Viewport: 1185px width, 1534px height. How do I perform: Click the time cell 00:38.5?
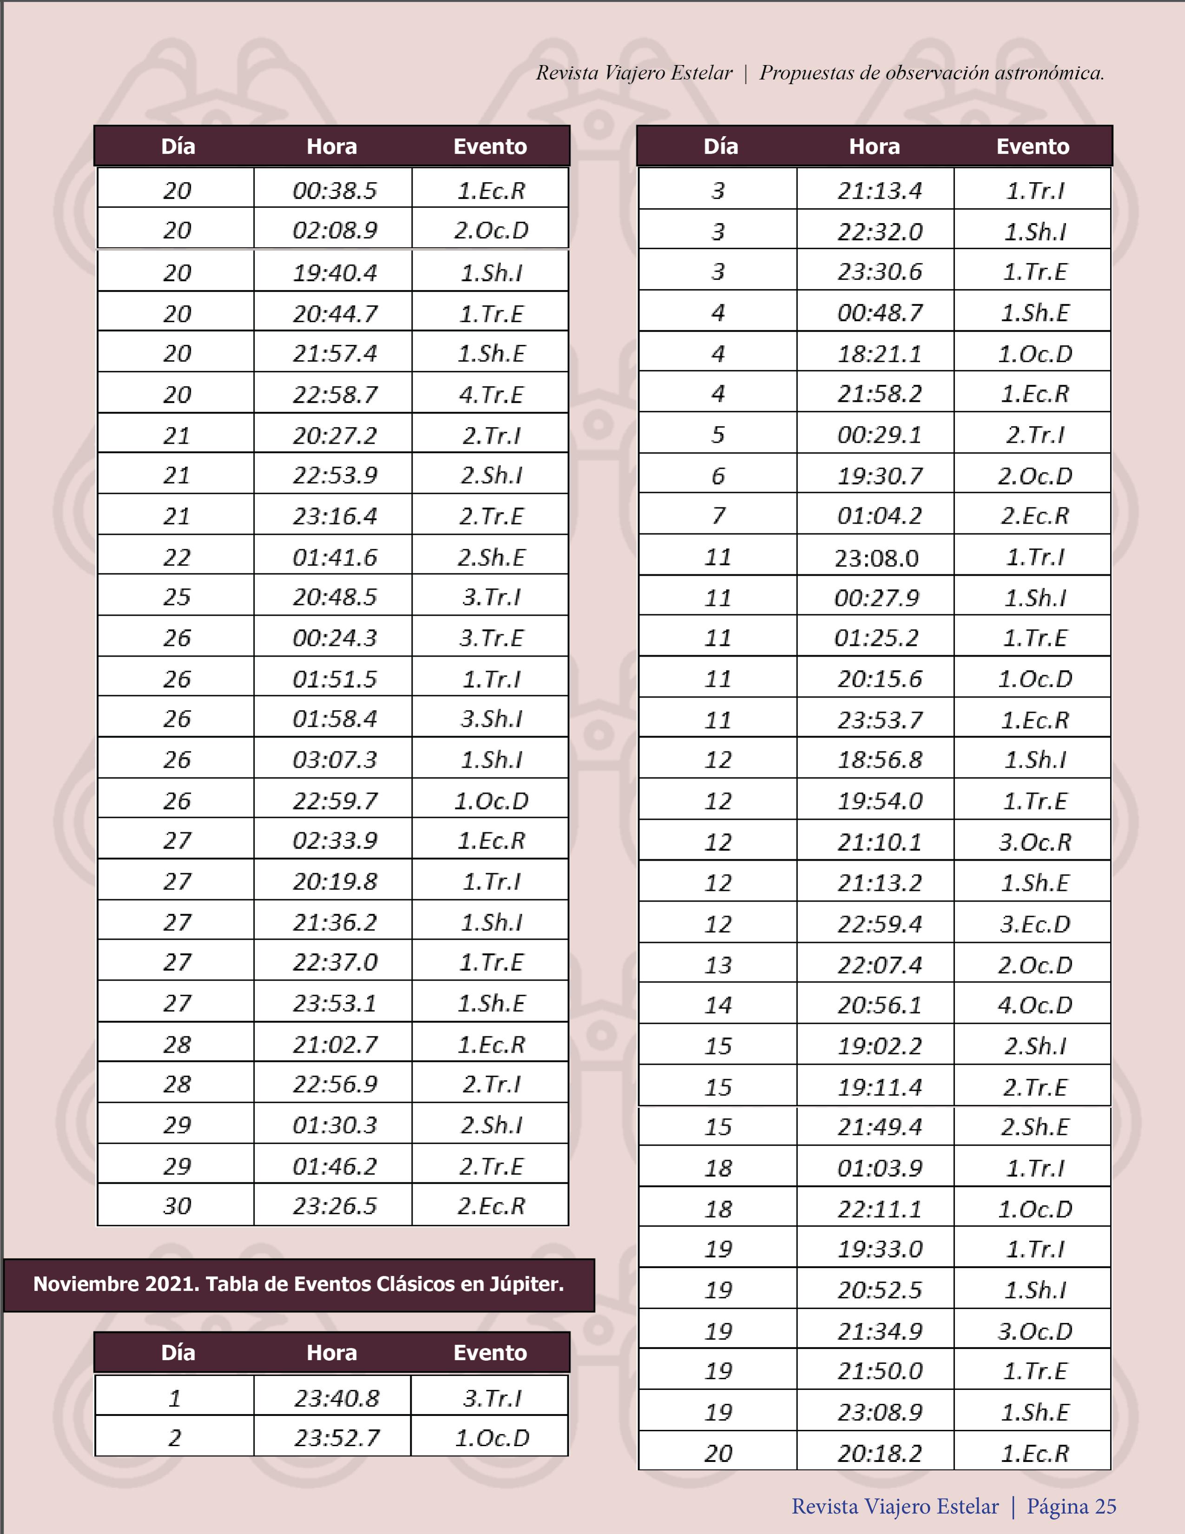pyautogui.click(x=335, y=191)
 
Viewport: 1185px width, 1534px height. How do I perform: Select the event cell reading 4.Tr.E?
pyautogui.click(x=491, y=395)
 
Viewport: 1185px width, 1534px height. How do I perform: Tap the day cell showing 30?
pyautogui.click(x=177, y=1206)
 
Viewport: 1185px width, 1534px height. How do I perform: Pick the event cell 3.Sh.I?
pyautogui.click(x=491, y=718)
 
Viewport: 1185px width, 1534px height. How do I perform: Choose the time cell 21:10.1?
pyautogui.click(x=879, y=842)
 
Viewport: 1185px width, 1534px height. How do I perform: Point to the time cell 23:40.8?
pyautogui.click(x=336, y=1398)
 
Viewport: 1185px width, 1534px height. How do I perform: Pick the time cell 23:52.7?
pyautogui.click(x=336, y=1438)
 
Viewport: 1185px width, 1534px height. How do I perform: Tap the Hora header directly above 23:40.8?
pyautogui.click(x=331, y=1353)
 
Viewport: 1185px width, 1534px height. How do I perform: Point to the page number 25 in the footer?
pyautogui.click(x=1105, y=1506)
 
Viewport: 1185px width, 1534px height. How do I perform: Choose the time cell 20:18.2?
pyautogui.click(x=879, y=1453)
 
